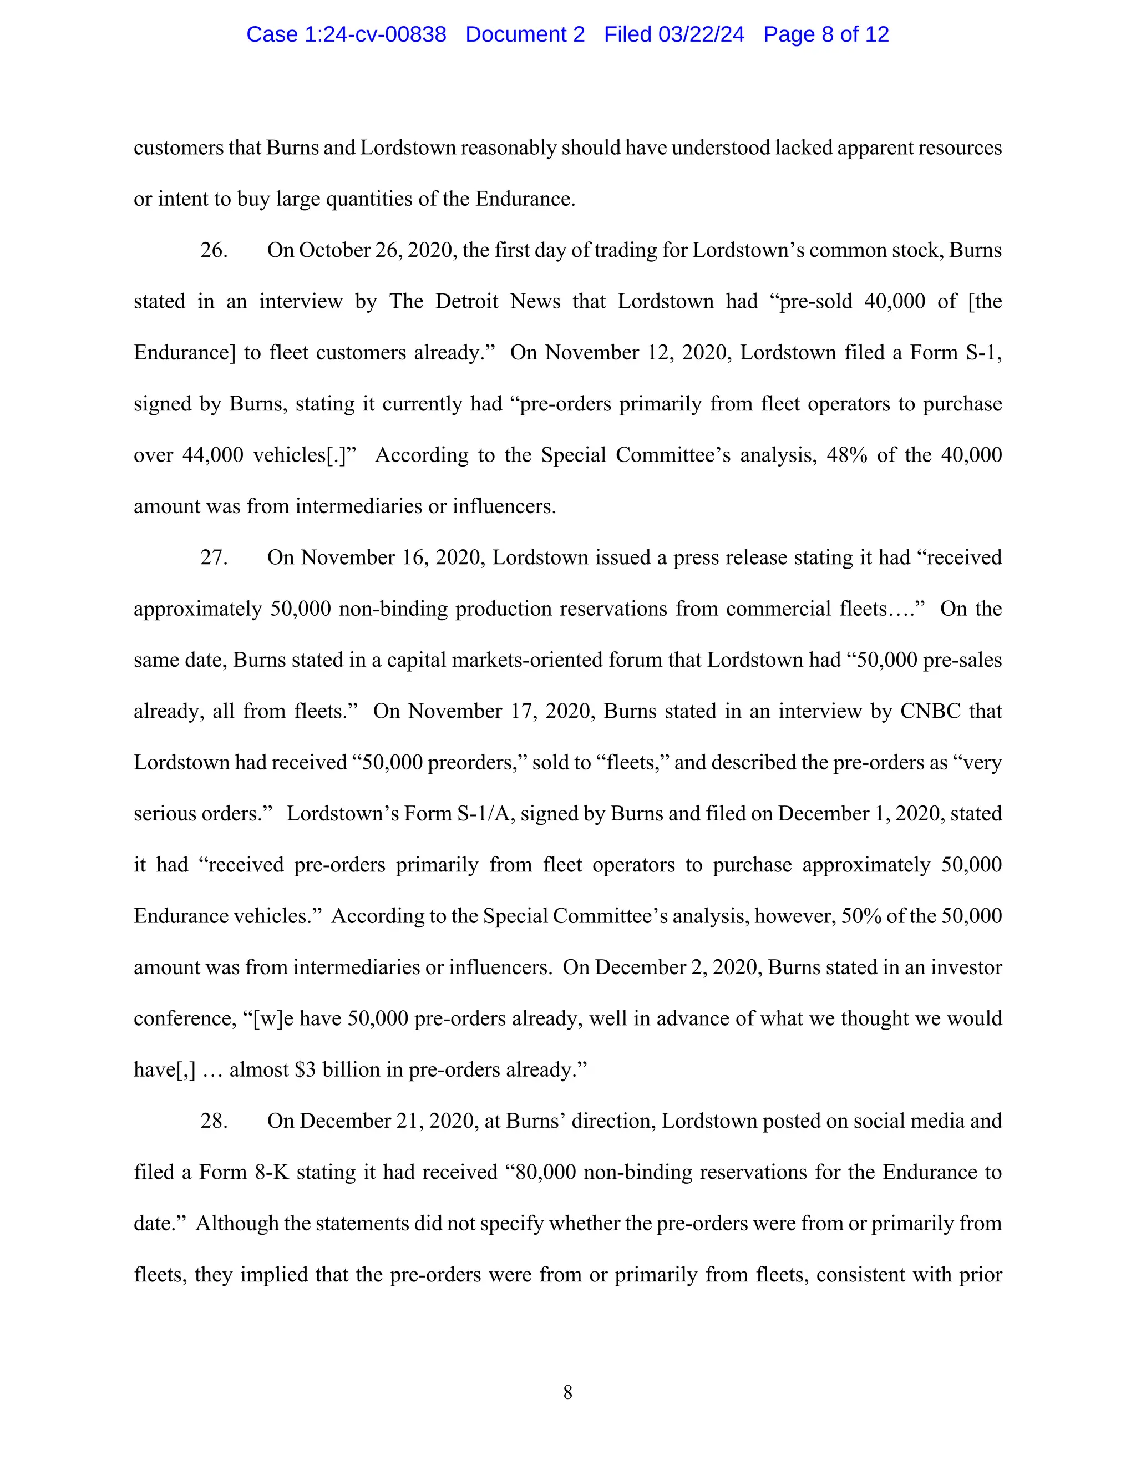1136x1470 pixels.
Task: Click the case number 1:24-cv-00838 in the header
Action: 375,34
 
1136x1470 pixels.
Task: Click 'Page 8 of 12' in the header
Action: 826,34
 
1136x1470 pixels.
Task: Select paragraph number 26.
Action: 214,250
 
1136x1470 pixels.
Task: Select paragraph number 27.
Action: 214,557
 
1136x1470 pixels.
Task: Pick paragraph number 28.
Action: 214,1121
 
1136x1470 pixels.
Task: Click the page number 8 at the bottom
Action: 567,1392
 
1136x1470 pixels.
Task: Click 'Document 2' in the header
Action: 525,34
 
